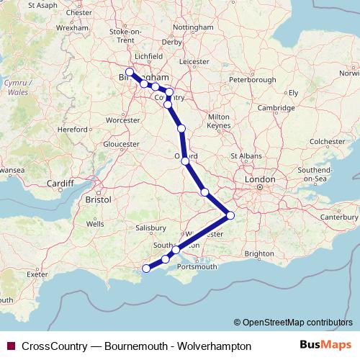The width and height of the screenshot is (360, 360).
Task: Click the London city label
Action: pyautogui.click(x=260, y=179)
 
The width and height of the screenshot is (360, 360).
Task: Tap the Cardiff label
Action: pyautogui.click(x=60, y=184)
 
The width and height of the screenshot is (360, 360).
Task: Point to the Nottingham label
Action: pyautogui.click(x=194, y=27)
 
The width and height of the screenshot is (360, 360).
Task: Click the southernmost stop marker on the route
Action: pyautogui.click(x=146, y=269)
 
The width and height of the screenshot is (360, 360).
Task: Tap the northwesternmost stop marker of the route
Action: pyautogui.click(x=130, y=72)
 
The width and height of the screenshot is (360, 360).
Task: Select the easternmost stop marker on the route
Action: pyautogui.click(x=230, y=215)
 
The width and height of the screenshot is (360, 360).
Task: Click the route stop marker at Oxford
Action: pyautogui.click(x=186, y=161)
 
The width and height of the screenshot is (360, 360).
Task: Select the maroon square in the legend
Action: pyautogui.click(x=10, y=346)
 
